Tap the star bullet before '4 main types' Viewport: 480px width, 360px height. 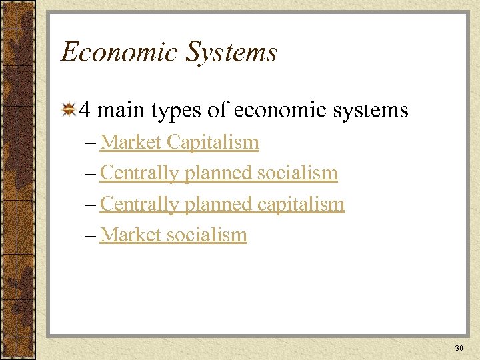click(x=68, y=109)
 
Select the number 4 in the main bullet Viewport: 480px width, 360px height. click(x=85, y=109)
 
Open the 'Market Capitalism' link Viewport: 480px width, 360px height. click(x=179, y=142)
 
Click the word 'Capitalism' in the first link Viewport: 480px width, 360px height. click(x=213, y=142)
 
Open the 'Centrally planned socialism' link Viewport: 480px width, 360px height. click(x=219, y=173)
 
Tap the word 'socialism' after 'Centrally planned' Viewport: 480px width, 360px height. click(x=297, y=173)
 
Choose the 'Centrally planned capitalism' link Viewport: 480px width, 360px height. click(x=222, y=203)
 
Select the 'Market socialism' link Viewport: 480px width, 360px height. click(x=173, y=234)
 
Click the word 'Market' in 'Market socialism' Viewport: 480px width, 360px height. click(x=131, y=234)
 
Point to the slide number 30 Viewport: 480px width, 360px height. click(x=459, y=348)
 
